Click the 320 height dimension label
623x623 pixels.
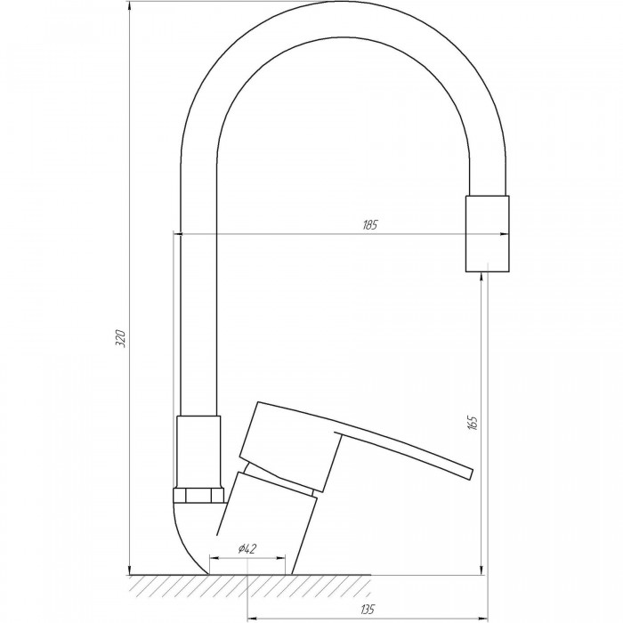[120, 338]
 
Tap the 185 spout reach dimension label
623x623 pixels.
[369, 225]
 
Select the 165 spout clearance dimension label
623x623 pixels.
[473, 423]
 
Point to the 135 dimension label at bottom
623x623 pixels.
[368, 608]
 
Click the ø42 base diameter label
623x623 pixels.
[247, 549]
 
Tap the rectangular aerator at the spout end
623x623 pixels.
[487, 233]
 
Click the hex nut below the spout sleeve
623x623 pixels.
[198, 496]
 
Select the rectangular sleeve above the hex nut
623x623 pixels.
[198, 452]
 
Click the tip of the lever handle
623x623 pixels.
[472, 474]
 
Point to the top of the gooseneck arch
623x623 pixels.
[343, 2]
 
